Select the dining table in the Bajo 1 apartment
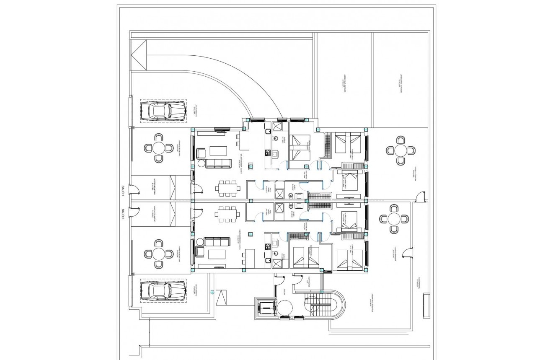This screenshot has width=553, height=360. point(228,188)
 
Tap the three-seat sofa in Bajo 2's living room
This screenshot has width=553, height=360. point(217,241)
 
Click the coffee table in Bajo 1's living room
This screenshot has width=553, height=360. point(218,150)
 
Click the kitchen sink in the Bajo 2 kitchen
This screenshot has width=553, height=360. point(275,242)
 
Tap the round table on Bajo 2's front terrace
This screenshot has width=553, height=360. point(159,254)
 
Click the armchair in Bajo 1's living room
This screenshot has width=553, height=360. point(200,154)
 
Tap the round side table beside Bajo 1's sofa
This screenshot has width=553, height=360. point(200,164)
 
